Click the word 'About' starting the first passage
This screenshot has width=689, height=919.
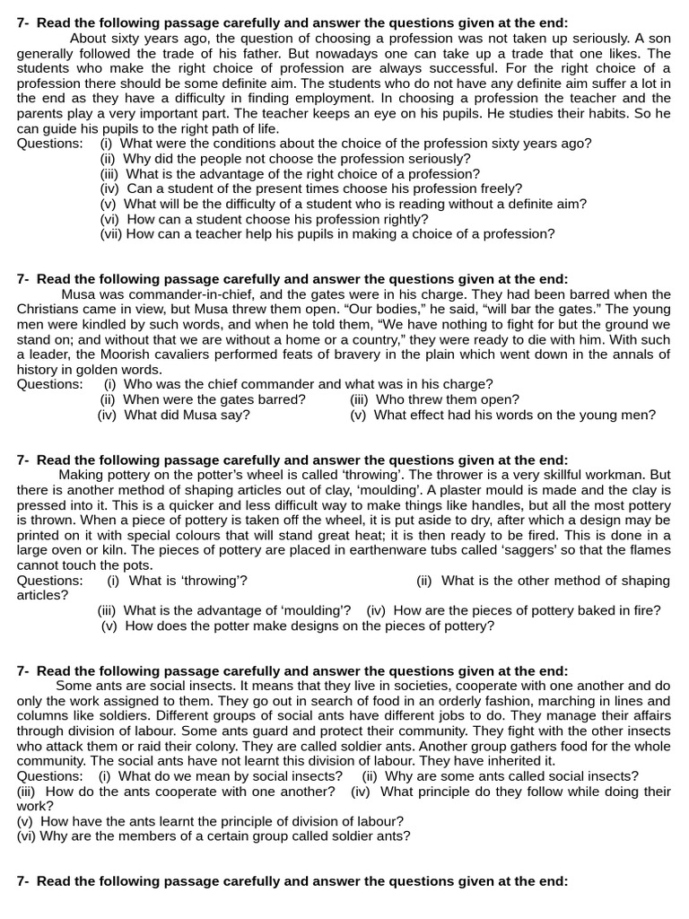coord(89,38)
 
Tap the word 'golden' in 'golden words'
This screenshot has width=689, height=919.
coord(88,369)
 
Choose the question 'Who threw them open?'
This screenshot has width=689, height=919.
coord(434,399)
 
